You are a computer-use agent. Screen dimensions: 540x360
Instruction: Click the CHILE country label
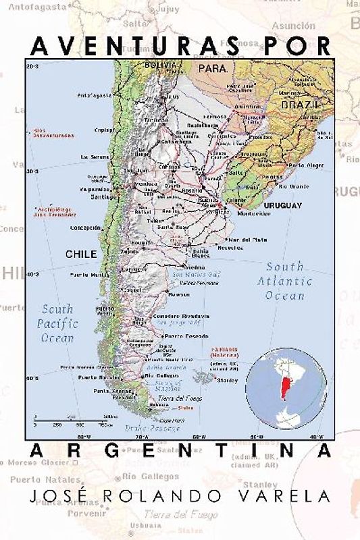(x=80, y=254)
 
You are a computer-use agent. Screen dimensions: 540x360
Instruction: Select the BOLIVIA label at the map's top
(x=160, y=65)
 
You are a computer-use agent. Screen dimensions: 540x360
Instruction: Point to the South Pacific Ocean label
(x=57, y=323)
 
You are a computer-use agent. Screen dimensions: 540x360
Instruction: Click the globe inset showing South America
(x=286, y=388)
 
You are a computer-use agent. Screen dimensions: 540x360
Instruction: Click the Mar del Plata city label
(x=247, y=240)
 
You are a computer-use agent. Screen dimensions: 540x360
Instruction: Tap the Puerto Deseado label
(x=183, y=335)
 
